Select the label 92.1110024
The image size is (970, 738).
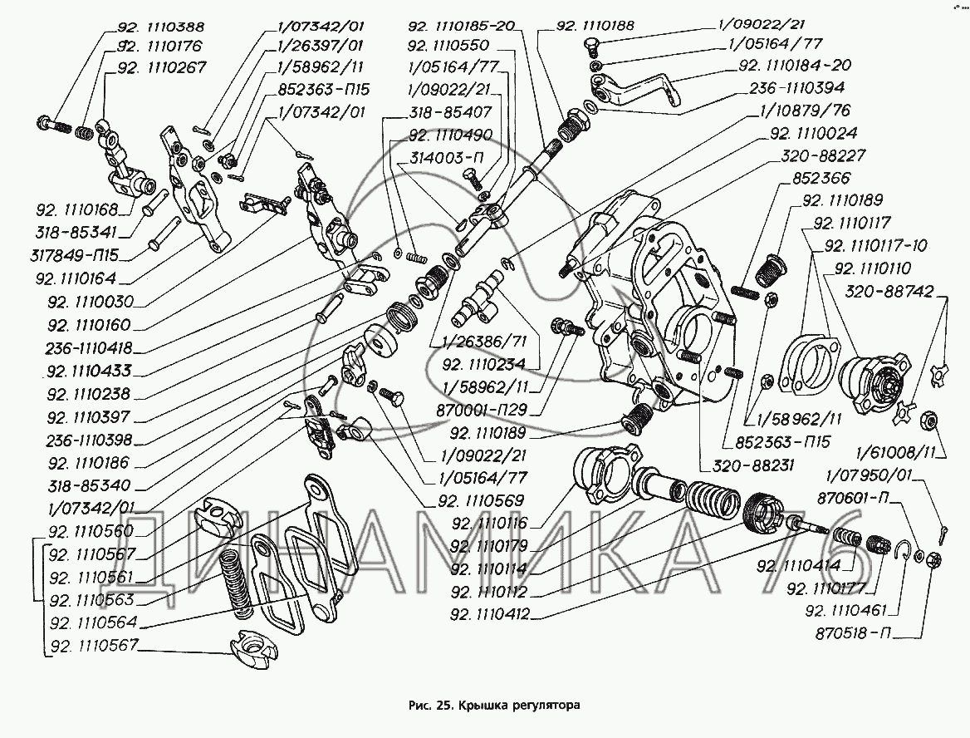tap(813, 133)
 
